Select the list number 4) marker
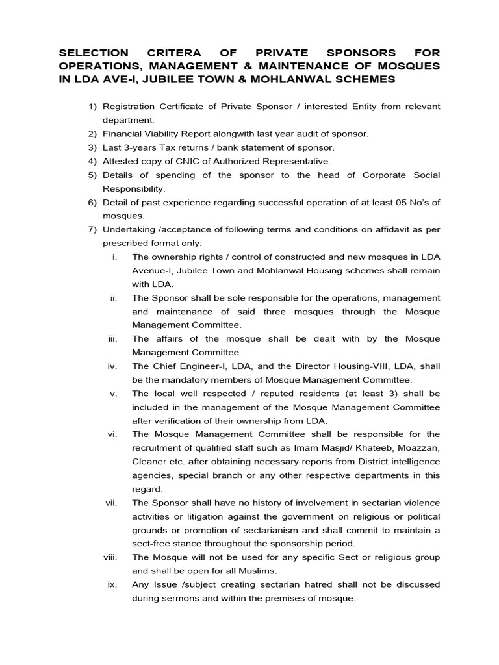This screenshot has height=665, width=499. pyautogui.click(x=93, y=161)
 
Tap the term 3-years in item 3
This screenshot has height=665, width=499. pyautogui.click(x=139, y=147)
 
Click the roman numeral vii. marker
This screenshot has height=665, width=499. pyautogui.click(x=111, y=503)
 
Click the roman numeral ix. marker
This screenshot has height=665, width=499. pyautogui.click(x=112, y=584)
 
